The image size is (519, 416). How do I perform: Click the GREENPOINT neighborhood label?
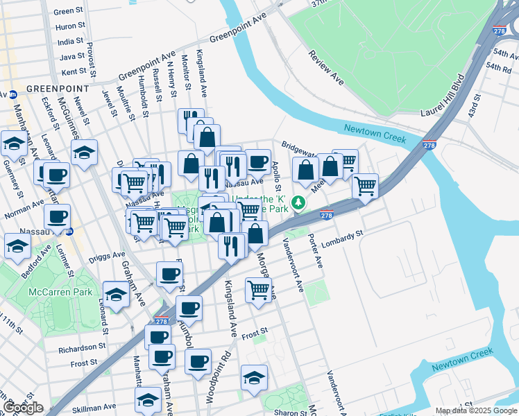click(58, 89)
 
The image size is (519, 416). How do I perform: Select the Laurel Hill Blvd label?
click(441, 95)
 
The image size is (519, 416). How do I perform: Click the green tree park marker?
click(298, 202)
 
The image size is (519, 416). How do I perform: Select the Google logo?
click(23, 408)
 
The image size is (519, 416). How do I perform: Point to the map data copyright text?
click(476, 410)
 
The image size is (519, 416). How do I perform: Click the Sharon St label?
click(291, 412)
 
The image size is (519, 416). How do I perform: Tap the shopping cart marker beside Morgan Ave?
click(258, 289)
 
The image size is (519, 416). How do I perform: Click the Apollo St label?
click(275, 177)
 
